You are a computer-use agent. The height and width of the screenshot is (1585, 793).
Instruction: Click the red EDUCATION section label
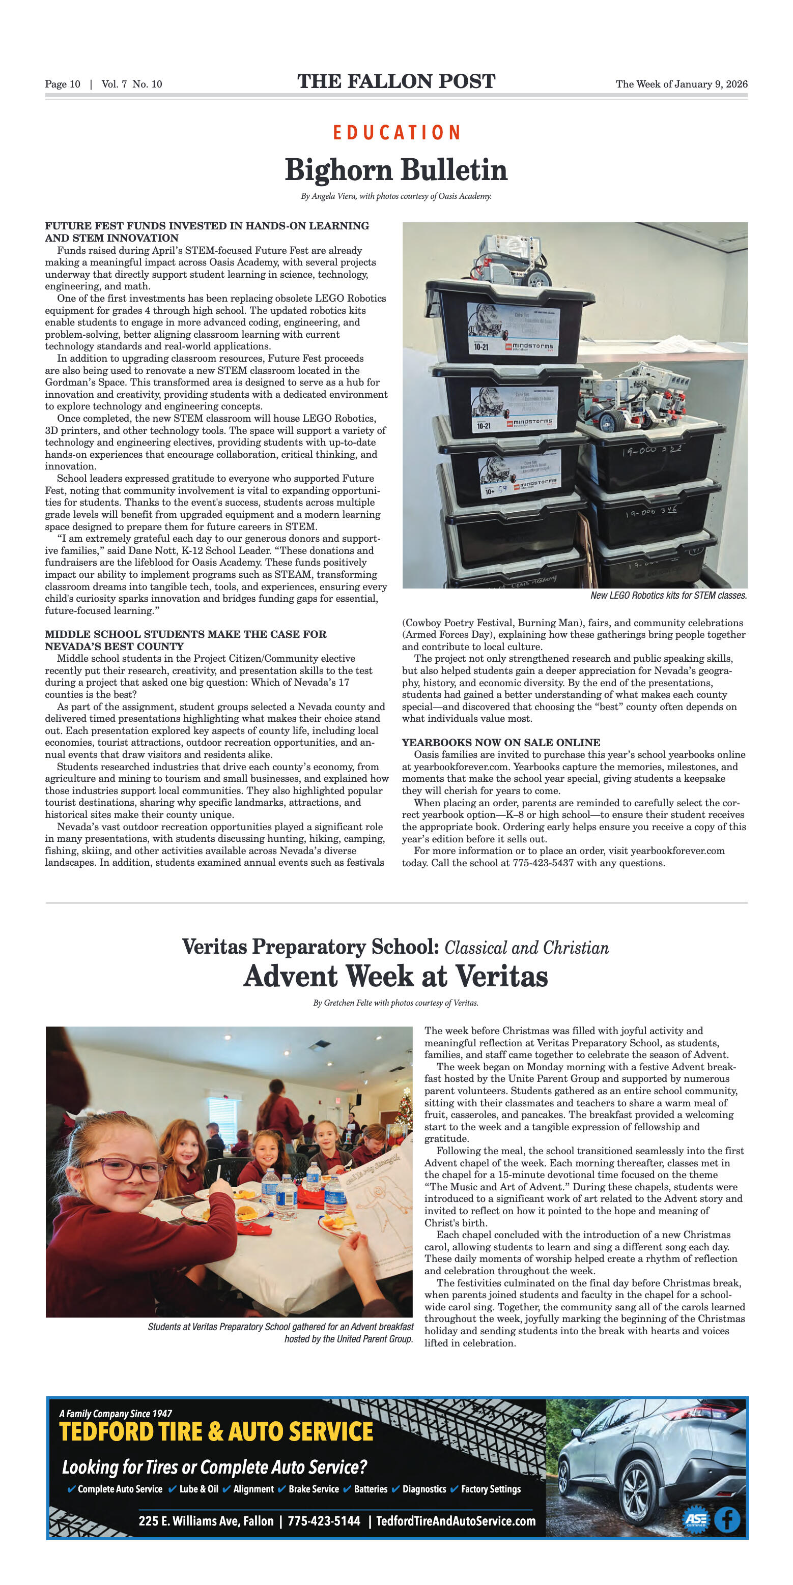coord(396,132)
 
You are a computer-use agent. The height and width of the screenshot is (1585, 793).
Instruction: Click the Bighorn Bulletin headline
coord(396,170)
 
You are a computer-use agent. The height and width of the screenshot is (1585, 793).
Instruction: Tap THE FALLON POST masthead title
coord(396,82)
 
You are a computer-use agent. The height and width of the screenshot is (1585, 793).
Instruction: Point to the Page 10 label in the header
coord(62,84)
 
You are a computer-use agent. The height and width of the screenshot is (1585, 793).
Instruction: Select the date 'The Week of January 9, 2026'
coord(682,84)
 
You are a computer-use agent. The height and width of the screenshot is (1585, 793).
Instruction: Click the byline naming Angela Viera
coord(396,196)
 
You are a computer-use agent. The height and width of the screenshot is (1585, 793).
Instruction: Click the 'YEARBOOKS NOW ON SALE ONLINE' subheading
coord(500,743)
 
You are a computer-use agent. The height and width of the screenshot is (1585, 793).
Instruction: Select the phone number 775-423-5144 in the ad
coord(324,1521)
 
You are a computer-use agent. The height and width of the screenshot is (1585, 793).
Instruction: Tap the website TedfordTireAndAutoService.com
coord(456,1521)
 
